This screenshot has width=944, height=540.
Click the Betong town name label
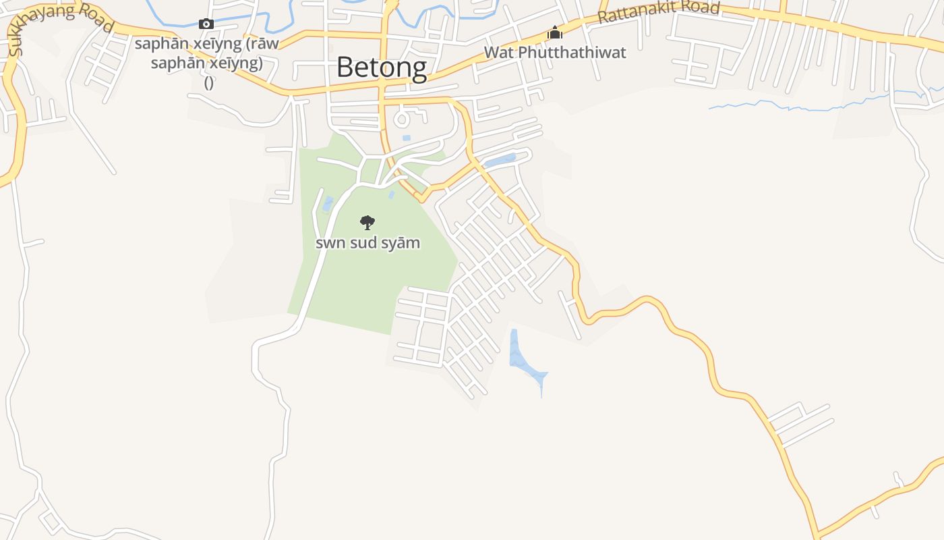(x=382, y=67)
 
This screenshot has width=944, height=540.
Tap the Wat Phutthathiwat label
(x=555, y=52)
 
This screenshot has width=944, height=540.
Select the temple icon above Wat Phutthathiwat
(x=555, y=32)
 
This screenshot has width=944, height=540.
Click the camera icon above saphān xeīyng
(x=206, y=24)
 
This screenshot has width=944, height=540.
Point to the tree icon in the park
(x=367, y=222)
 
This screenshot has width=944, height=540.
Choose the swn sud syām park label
(x=367, y=242)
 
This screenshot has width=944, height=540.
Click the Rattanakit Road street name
(x=659, y=11)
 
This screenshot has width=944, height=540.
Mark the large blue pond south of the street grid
(x=523, y=360)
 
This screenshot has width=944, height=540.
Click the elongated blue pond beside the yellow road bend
(x=500, y=161)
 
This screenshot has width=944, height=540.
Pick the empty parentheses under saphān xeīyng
(x=208, y=82)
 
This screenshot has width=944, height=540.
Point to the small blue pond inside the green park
(x=328, y=203)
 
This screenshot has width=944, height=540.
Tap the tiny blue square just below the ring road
(x=406, y=138)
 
